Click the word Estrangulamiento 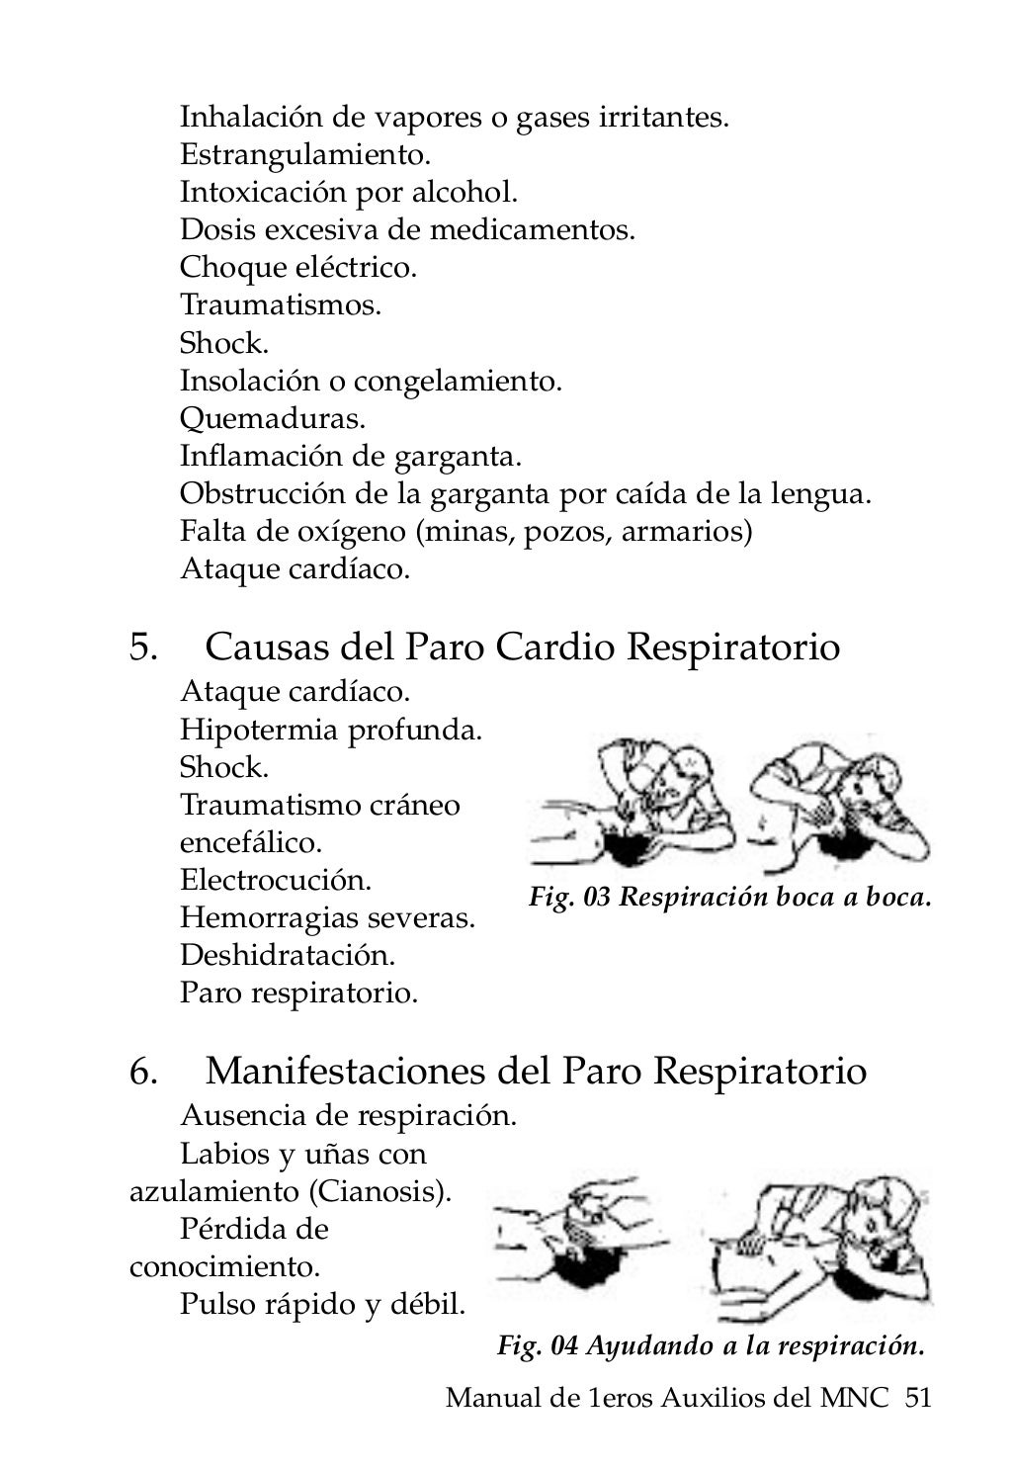[305, 155]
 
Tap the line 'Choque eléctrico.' [297, 268]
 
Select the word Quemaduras [273, 419]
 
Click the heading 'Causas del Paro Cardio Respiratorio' [523, 648]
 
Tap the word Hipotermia [259, 731]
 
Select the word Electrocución [276, 880]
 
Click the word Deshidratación [288, 956]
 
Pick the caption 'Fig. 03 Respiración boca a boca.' [730, 898]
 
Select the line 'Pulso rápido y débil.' [322, 1305]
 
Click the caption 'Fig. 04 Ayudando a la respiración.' [711, 1345]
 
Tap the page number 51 [918, 1398]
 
